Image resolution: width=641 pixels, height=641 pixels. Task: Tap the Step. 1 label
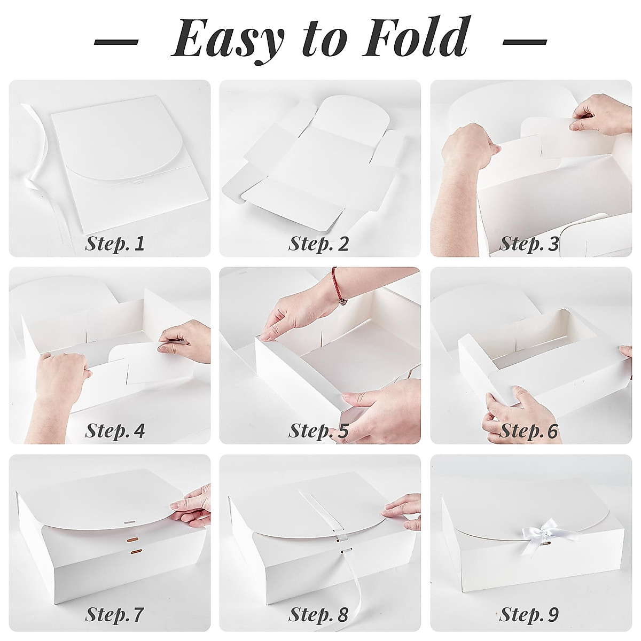pos(115,244)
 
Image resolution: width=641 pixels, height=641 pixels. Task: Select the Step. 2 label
pos(319,244)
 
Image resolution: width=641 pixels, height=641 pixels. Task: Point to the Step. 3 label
pos(529,244)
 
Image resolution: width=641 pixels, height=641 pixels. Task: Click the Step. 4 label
pos(115,431)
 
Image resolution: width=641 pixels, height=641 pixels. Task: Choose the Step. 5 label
pos(319,431)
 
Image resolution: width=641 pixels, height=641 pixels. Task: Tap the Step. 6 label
pos(529,431)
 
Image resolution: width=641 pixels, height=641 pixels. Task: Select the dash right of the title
pos(525,42)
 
